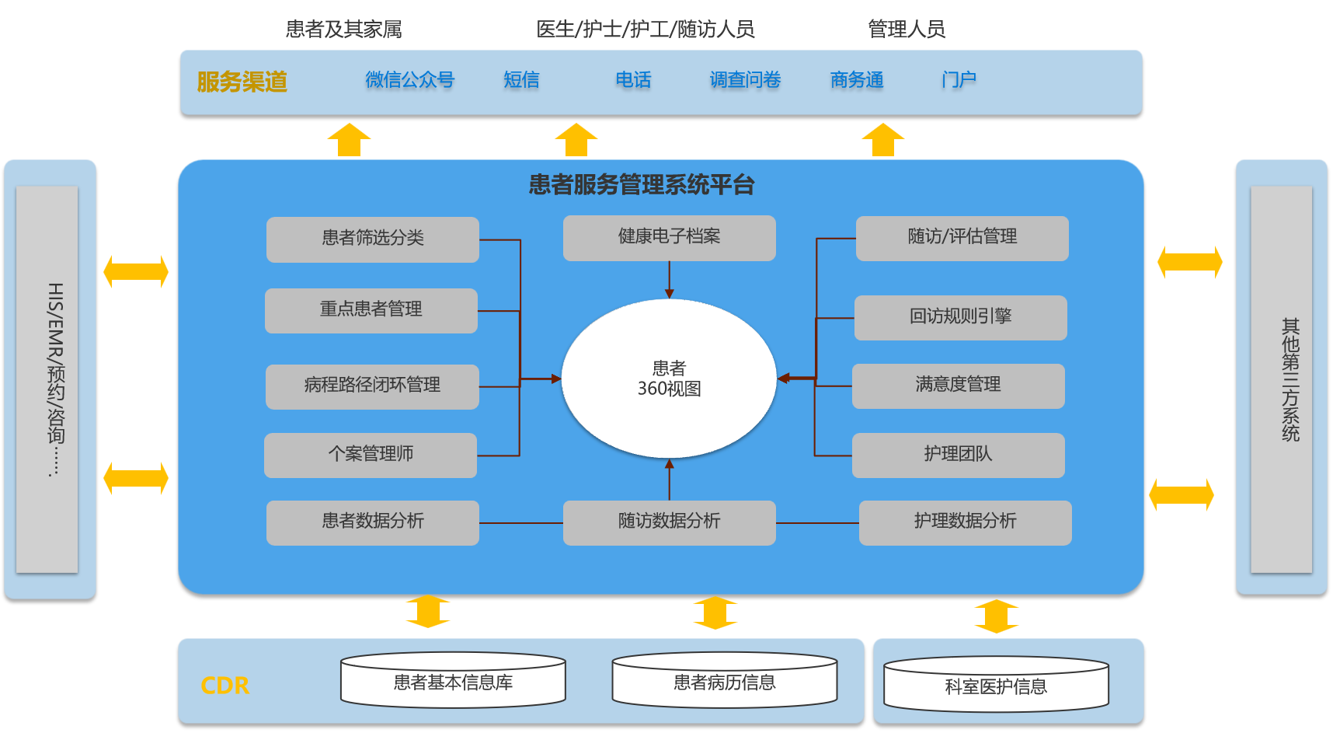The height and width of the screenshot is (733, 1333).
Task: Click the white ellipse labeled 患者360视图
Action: pyautogui.click(x=669, y=379)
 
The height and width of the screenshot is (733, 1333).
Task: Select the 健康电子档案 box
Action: pyautogui.click(x=669, y=237)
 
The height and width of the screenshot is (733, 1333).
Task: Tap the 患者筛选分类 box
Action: pyautogui.click(x=373, y=239)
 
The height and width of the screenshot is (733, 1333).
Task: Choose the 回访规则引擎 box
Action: pyautogui.click(x=961, y=317)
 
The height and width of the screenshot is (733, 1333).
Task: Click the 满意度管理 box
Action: pyautogui.click(x=958, y=386)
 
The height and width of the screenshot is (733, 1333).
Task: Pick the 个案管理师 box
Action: pyautogui.click(x=371, y=455)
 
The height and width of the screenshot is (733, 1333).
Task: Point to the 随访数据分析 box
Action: pyautogui.click(x=669, y=522)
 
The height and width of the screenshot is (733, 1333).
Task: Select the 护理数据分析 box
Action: pyautogui.click(x=965, y=522)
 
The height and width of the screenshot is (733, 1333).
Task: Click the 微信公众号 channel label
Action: pyautogui.click(x=409, y=80)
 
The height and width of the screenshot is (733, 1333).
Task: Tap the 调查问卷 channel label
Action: pyautogui.click(x=745, y=80)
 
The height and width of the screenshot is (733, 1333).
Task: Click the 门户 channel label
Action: pyautogui.click(x=959, y=80)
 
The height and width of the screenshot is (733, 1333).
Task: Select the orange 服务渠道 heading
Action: pyautogui.click(x=242, y=82)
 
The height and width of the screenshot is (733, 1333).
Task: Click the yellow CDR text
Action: pyautogui.click(x=225, y=686)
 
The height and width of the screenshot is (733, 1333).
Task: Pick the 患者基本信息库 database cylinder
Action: pyautogui.click(x=453, y=682)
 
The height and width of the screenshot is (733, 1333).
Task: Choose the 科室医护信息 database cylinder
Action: pyautogui.click(x=996, y=686)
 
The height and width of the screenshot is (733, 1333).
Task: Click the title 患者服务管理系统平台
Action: pyautogui.click(x=642, y=185)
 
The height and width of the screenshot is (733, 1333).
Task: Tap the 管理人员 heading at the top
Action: pyautogui.click(x=907, y=30)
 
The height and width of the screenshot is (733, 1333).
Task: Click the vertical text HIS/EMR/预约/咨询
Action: pyautogui.click(x=55, y=379)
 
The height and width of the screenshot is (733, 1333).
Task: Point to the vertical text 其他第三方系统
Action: pyautogui.click(x=1290, y=379)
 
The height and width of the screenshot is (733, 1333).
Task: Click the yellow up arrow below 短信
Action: pyautogui.click(x=576, y=139)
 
